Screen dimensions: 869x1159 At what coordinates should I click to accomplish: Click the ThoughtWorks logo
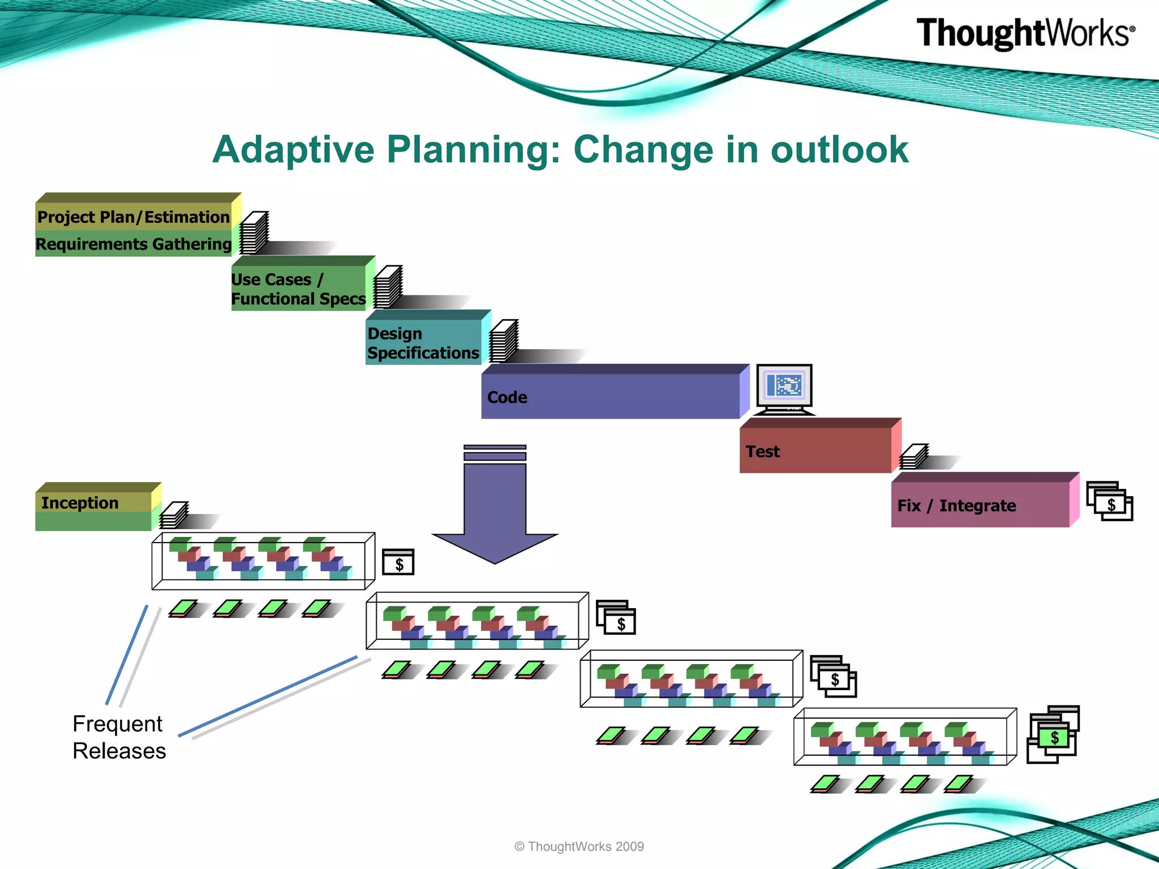[1025, 33]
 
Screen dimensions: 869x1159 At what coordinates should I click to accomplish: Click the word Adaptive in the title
[293, 150]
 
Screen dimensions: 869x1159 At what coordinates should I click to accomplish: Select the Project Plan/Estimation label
[134, 217]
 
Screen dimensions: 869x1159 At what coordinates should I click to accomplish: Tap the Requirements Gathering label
[134, 244]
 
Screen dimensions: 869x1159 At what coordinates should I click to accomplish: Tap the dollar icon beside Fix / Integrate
[1110, 502]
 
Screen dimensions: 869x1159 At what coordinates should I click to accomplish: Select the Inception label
[80, 503]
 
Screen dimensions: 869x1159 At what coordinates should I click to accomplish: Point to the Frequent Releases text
[119, 737]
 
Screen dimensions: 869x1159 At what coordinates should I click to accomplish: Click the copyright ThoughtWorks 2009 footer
[579, 846]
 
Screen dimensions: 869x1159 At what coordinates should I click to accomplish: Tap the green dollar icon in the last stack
[1054, 737]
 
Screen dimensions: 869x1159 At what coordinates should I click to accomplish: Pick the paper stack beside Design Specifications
[503, 341]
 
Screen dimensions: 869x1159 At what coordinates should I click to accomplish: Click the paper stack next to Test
[913, 457]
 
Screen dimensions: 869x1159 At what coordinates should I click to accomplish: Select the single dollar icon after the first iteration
[398, 563]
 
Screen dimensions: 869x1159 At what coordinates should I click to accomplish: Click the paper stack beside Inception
[174, 514]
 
